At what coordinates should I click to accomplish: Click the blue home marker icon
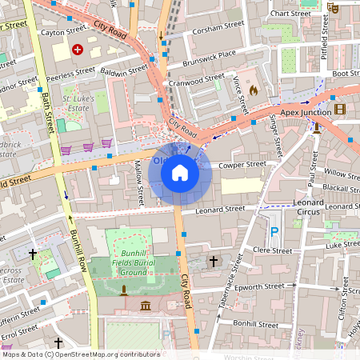pyautogui.click(x=180, y=173)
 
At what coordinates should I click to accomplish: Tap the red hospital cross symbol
pyautogui.click(x=78, y=50)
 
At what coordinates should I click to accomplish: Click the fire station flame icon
pyautogui.click(x=254, y=90)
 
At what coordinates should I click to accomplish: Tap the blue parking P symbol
pyautogui.click(x=275, y=232)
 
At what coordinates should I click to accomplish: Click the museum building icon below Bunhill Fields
pyautogui.click(x=146, y=306)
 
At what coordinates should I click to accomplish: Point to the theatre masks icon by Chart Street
pyautogui.click(x=334, y=8)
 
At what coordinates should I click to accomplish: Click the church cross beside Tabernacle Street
pyautogui.click(x=213, y=261)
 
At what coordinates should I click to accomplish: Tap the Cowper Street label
pyautogui.click(x=242, y=165)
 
